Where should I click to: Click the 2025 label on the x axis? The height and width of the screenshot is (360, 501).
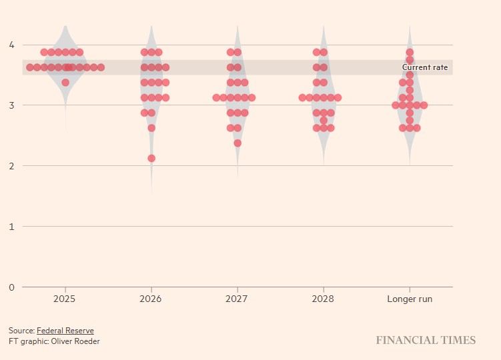point(65,299)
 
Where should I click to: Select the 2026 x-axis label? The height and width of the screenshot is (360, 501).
point(151,299)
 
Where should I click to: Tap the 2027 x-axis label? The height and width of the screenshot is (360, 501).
point(237,299)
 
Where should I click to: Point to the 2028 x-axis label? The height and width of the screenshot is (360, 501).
point(324,299)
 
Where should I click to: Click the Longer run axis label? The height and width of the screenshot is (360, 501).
point(410,299)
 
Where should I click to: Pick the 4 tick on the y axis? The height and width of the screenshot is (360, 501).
point(11,45)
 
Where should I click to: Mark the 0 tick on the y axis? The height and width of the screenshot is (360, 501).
point(11,287)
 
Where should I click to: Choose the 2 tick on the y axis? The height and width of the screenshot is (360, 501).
point(11,166)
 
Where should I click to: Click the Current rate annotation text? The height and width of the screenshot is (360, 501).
point(425,67)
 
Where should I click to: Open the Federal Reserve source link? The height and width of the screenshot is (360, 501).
point(65,331)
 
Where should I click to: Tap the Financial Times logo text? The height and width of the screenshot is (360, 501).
point(426,341)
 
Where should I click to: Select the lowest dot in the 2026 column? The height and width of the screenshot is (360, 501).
point(151,158)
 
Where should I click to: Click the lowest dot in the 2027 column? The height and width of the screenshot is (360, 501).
point(237,143)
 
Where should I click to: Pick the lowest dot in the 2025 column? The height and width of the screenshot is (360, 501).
point(65,83)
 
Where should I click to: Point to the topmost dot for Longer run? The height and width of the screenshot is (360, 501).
point(410,52)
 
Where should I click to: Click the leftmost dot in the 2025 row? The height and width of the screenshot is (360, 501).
point(30,67)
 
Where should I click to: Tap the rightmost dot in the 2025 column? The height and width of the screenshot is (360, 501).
point(101,67)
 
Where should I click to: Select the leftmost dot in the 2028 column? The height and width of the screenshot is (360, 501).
point(302,97)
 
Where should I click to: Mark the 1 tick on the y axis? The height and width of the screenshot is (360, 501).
point(11,227)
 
